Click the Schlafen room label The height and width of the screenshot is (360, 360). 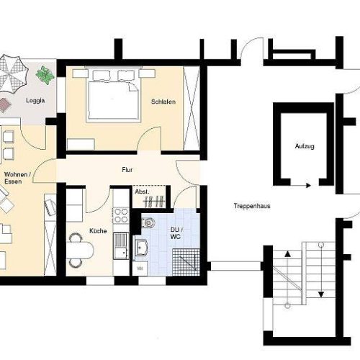(163, 102)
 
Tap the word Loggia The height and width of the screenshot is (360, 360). (36, 101)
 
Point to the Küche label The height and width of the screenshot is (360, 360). (98, 230)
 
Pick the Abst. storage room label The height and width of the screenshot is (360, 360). (141, 192)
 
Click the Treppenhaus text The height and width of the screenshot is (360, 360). (251, 205)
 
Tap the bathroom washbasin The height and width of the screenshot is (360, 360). (143, 248)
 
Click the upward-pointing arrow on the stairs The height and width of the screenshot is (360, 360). (287, 253)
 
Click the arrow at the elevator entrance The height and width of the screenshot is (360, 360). (307, 185)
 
